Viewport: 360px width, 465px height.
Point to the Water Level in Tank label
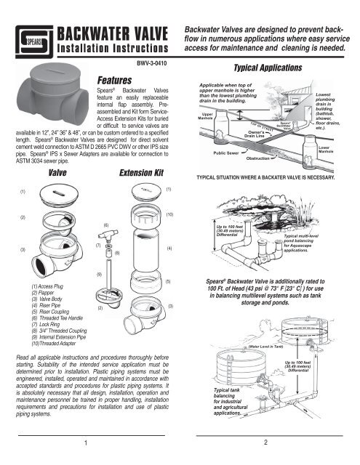272,348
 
